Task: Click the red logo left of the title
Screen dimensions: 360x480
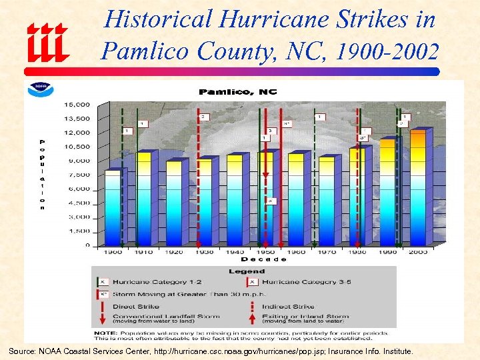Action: click(x=48, y=41)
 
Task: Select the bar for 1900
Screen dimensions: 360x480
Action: click(x=113, y=207)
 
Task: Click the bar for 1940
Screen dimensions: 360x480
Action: click(x=234, y=199)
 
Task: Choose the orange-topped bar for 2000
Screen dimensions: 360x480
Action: click(x=417, y=187)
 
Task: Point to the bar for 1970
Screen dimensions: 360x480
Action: click(x=326, y=201)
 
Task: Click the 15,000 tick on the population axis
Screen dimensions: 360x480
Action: click(x=77, y=105)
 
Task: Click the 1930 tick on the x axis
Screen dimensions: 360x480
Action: click(x=204, y=252)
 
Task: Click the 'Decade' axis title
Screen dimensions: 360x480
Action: click(x=264, y=259)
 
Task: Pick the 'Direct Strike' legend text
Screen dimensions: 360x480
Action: click(x=136, y=307)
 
